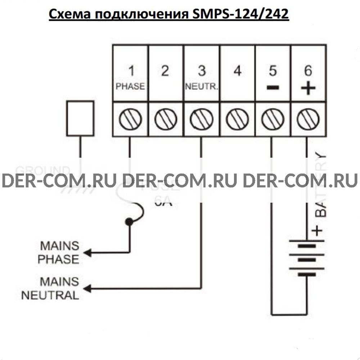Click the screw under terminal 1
(129, 119)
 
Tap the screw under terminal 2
(165, 119)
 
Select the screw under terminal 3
(201, 119)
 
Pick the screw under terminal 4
(237, 119)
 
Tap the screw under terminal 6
(308, 119)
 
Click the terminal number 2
(165, 71)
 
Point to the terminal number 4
(237, 71)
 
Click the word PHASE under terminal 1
(130, 86)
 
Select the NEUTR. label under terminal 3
(202, 87)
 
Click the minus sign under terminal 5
(273, 87)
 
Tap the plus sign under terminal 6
(308, 87)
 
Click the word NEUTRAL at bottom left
(50, 296)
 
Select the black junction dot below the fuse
(128, 222)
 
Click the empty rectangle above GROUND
(80, 118)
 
